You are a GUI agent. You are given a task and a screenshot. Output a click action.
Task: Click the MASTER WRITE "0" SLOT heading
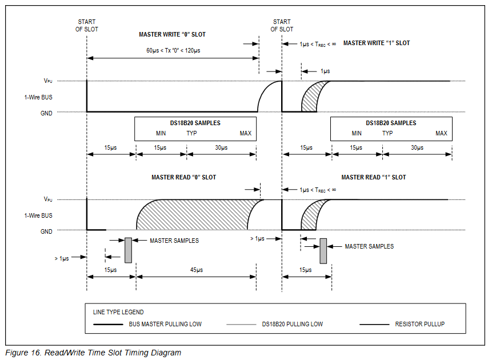(x=172, y=34)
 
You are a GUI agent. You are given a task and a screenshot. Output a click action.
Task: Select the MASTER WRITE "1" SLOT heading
(x=376, y=43)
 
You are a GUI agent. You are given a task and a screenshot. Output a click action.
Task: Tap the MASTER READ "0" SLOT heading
(x=183, y=177)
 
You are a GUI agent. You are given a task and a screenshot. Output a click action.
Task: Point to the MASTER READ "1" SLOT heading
(x=374, y=177)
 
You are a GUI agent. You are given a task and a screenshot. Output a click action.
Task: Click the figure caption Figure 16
(x=93, y=353)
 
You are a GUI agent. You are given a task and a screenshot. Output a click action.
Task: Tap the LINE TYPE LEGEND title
(x=118, y=312)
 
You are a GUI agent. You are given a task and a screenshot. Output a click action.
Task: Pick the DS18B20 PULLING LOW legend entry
(x=292, y=324)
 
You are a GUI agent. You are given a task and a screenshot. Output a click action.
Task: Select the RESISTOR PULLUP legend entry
(x=419, y=324)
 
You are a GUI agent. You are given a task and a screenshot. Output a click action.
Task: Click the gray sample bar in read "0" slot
(x=128, y=250)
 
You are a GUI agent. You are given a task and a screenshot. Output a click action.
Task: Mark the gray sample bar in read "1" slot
(x=323, y=251)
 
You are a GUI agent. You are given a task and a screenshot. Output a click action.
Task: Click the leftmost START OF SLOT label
(x=87, y=25)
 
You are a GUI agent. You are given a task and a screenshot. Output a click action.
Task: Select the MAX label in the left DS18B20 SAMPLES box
(x=245, y=134)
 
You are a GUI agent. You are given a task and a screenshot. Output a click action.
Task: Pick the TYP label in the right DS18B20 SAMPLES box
(x=387, y=134)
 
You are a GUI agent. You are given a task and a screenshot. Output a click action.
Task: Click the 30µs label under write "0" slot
(x=221, y=147)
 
